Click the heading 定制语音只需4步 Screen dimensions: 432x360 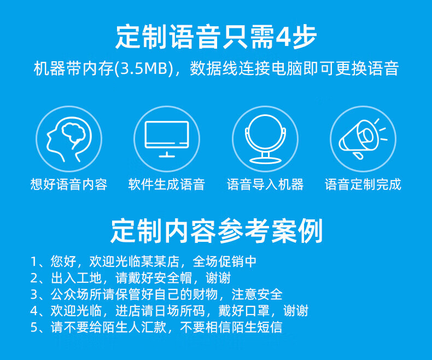(x=216, y=37)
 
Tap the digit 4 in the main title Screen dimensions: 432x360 (x=283, y=37)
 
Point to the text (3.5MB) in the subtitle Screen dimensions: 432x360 (x=143, y=68)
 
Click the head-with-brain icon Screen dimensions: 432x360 (x=69, y=139)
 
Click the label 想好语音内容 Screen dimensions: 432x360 (x=69, y=184)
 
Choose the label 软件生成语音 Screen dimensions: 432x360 (x=167, y=184)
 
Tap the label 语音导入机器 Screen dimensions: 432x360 (x=265, y=184)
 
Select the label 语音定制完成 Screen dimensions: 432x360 (x=363, y=184)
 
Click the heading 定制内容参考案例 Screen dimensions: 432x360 (x=217, y=231)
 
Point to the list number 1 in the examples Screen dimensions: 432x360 (x=33, y=262)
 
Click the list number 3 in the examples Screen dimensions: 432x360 (x=33, y=294)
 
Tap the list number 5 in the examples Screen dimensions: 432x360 (x=33, y=328)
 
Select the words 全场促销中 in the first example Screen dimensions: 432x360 (x=225, y=262)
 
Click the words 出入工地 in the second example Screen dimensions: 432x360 (x=77, y=278)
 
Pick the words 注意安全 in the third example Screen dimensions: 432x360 (x=257, y=294)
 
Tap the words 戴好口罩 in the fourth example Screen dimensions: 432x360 (x=244, y=311)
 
